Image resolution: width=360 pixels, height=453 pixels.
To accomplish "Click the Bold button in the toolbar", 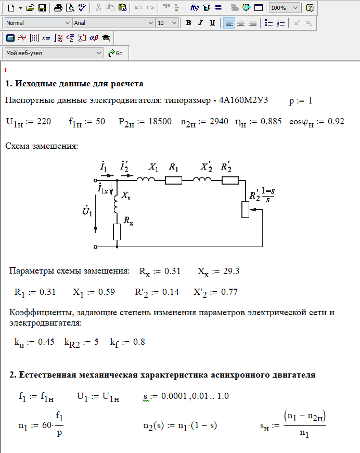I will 188,23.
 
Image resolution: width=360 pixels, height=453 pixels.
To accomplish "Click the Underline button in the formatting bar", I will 212,23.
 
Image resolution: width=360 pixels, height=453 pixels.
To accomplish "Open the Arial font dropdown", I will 114,23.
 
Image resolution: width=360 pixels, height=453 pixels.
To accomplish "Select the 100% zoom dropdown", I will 285,8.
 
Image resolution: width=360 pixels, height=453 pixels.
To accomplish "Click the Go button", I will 115,53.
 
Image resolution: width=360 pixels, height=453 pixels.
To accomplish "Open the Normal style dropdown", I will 38,23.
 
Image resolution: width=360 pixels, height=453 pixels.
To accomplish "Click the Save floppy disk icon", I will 42,8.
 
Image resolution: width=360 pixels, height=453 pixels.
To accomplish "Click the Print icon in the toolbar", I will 58,8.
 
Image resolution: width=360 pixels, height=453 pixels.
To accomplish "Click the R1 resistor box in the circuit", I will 173,180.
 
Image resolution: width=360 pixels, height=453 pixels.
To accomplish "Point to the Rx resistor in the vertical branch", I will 117,232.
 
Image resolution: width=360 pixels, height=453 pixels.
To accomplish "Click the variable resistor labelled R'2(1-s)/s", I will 245,209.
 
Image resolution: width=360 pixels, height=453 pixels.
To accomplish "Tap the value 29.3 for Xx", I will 230,271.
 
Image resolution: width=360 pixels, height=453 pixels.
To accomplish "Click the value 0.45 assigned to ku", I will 46,342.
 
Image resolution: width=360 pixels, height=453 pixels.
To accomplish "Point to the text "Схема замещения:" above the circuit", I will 42,146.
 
